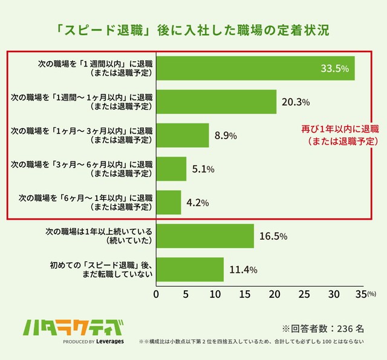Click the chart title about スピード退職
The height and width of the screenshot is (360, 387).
tap(193, 30)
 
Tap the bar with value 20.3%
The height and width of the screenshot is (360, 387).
tap(216, 102)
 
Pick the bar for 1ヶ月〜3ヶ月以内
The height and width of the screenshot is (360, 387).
tap(183, 136)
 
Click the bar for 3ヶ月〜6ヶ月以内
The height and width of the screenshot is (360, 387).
tap(172, 169)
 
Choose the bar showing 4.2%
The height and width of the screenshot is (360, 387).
tap(169, 203)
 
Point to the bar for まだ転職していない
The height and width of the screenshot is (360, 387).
tap(190, 269)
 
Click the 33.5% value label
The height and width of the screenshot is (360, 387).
tap(334, 68)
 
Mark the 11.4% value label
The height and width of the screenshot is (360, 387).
tap(241, 269)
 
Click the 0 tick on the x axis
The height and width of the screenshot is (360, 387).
tap(157, 294)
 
